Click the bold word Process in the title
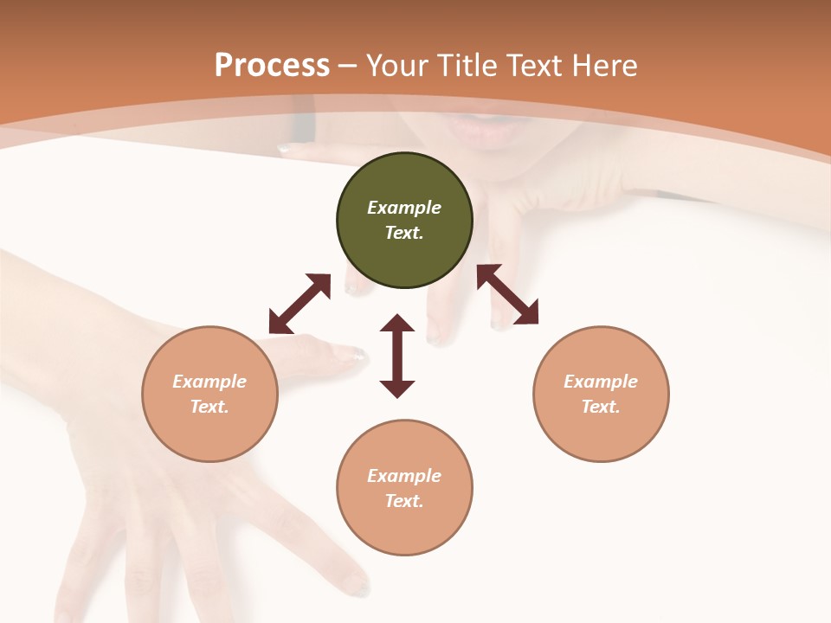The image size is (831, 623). coord(272,66)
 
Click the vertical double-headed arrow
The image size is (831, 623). coord(397,356)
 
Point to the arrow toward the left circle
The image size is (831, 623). coord(300,304)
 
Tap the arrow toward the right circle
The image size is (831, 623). coord(507,294)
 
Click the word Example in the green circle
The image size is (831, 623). coord(404,208)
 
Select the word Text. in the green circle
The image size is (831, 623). coord(404,233)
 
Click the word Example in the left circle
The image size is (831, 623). coord(209,382)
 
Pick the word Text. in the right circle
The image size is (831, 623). coord(601,407)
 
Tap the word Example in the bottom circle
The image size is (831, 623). coord(404,476)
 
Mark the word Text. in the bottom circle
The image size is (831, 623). coord(404,501)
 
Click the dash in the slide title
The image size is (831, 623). coord(348,66)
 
